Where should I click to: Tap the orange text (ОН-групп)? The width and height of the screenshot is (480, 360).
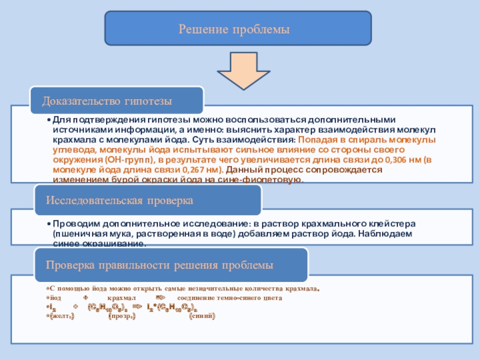(x=127, y=160)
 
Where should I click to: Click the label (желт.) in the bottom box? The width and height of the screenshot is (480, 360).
(x=62, y=316)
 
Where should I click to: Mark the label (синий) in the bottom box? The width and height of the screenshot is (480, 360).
(x=202, y=316)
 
